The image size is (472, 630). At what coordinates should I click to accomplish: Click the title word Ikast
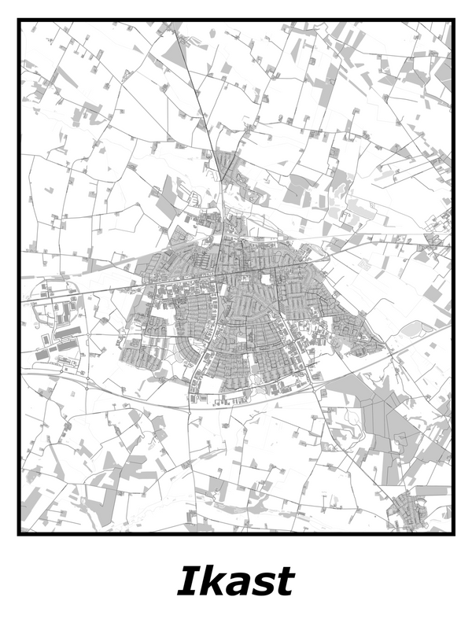coord(235,582)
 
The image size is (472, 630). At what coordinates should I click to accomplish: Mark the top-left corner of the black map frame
coord(19,21)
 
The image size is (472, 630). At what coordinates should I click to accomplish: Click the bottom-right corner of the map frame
coord(453,533)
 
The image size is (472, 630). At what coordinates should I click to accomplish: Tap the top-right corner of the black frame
coord(453,21)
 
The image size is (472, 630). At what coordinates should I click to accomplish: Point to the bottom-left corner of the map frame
coord(19,533)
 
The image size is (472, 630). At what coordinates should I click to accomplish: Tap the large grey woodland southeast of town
coord(378,409)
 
